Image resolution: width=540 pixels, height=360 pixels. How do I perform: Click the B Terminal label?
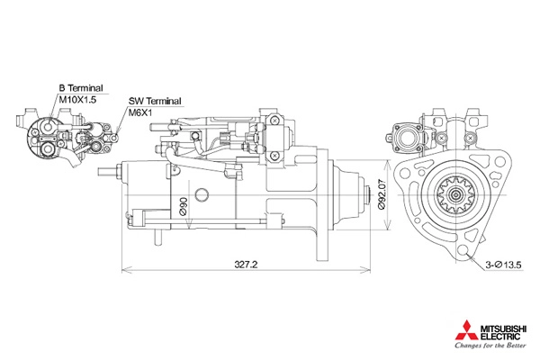click(81, 88)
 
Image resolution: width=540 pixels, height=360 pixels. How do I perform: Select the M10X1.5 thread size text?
click(77, 100)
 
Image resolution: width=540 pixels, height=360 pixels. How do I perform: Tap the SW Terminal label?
click(155, 102)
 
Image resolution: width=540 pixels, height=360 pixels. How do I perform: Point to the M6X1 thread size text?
click(140, 112)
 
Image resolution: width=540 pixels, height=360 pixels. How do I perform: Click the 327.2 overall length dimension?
click(246, 265)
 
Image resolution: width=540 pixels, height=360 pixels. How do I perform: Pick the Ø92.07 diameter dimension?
click(382, 194)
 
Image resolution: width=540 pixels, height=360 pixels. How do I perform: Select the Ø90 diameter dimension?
click(184, 206)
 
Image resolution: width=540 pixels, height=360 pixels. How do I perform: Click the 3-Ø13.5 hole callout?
click(503, 265)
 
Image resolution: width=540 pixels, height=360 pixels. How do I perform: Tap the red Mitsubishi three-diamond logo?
click(466, 330)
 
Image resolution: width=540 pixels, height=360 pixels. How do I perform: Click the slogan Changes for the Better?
click(490, 345)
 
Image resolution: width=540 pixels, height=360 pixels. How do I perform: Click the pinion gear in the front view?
click(456, 195)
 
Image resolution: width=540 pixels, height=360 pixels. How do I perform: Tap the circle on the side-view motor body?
click(202, 194)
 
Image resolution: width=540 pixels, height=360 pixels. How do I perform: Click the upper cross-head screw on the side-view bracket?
click(274, 121)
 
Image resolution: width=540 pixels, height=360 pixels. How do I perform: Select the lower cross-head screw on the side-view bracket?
click(274, 156)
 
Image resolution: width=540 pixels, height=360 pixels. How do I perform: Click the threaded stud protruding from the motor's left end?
click(107, 172)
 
